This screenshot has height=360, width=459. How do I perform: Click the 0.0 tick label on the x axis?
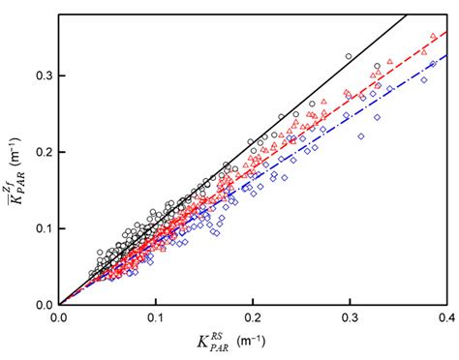pos(59,316)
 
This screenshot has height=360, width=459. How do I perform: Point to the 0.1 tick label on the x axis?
pos(155,316)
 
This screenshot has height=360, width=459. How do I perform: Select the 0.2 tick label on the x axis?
pos(252,316)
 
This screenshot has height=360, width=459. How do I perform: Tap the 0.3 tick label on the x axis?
pos(349,316)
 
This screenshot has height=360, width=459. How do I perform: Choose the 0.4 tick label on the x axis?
pos(444,316)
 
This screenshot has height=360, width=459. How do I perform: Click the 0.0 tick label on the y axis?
pos(43,305)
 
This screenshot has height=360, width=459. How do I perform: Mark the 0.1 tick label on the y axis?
pos(43,228)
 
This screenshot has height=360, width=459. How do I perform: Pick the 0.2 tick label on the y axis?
pos(43,152)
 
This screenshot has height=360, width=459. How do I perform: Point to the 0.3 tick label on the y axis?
pos(43,75)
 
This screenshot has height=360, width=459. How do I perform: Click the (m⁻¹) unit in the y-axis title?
pos(14,114)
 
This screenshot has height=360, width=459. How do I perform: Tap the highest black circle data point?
pos(349,56)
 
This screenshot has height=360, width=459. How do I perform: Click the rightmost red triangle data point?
pos(433,37)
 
